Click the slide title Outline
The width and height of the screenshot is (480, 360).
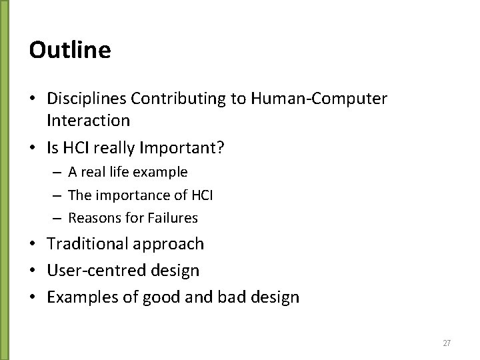coord(70,50)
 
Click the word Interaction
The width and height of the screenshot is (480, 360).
coord(89,121)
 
